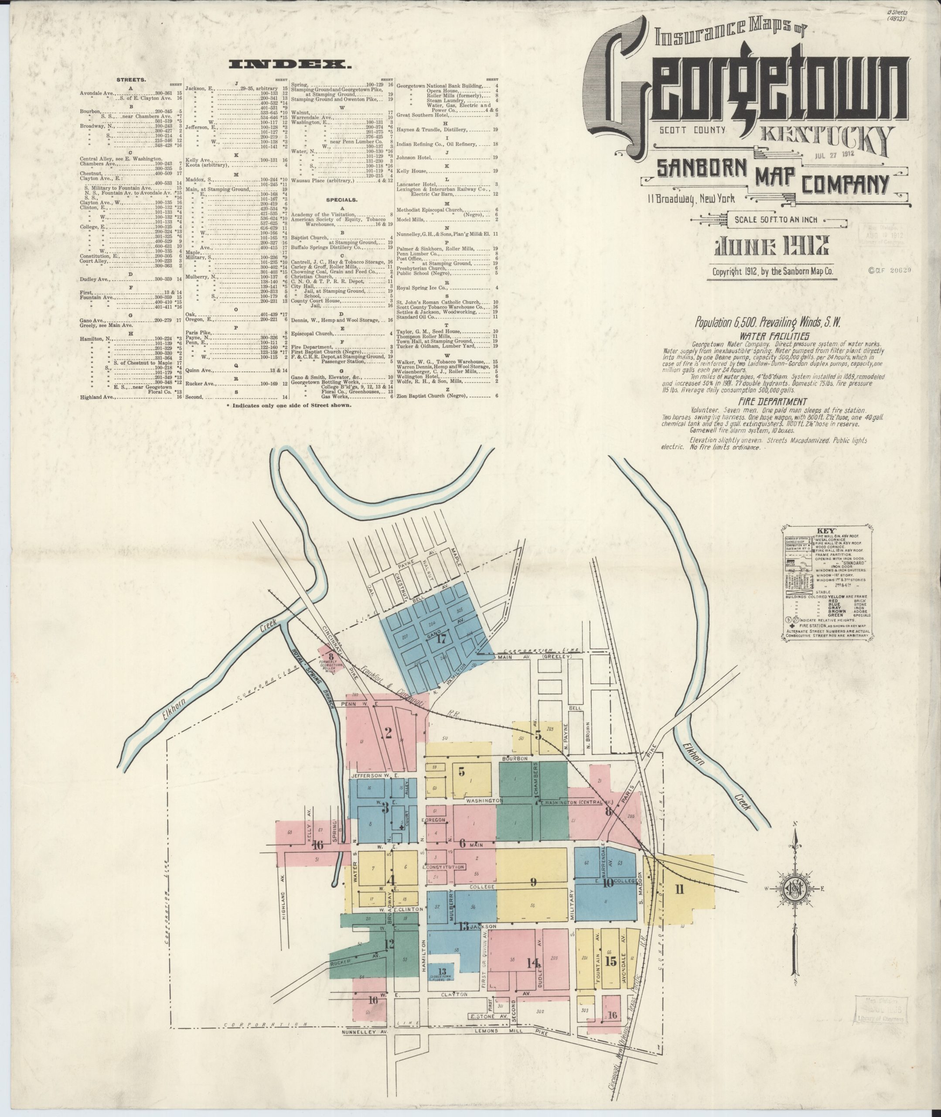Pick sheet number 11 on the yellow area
(x=679, y=889)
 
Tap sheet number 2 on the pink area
(x=389, y=733)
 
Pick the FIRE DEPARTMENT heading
(x=772, y=401)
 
